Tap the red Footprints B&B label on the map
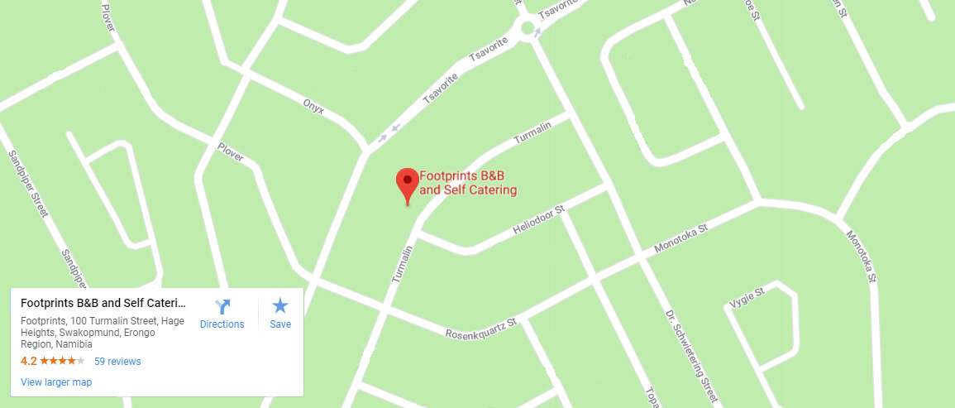click(x=468, y=183)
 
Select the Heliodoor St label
click(x=537, y=221)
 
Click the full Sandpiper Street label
click(x=27, y=184)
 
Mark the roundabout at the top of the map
click(x=526, y=30)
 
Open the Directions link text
click(x=222, y=324)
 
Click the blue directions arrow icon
click(x=222, y=305)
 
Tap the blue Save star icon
click(x=280, y=305)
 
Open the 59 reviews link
click(x=117, y=362)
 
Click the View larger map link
click(x=56, y=382)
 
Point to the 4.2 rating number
click(x=28, y=362)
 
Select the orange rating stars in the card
click(x=62, y=362)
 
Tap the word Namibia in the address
click(x=74, y=344)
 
